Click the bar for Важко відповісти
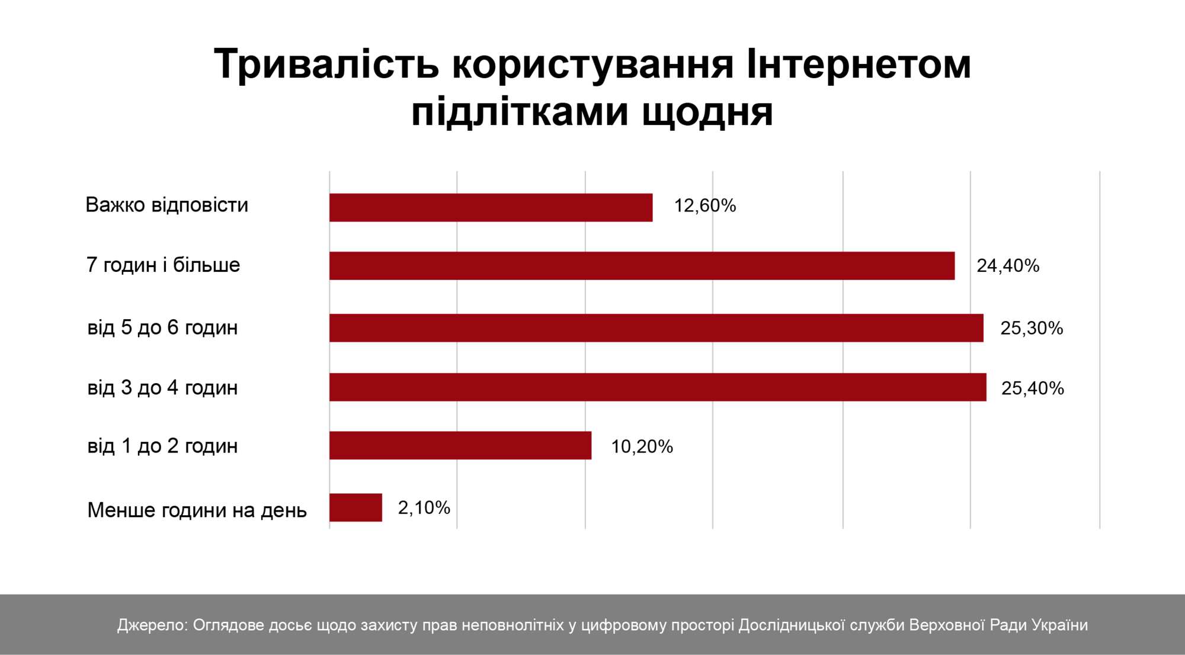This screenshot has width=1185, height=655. click(x=491, y=207)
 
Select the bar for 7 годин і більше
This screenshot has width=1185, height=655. click(x=642, y=265)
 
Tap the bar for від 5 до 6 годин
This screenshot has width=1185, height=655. click(x=656, y=327)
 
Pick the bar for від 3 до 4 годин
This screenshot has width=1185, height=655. click(x=658, y=387)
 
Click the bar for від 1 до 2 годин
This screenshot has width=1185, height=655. click(x=460, y=445)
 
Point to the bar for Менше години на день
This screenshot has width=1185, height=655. click(x=355, y=508)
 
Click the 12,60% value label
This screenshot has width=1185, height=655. click(x=704, y=206)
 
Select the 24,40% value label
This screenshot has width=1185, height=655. click(x=1008, y=266)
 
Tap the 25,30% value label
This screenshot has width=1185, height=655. click(x=1032, y=328)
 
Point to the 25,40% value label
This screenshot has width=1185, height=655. click(x=1032, y=388)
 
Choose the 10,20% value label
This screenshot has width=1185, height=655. click(x=642, y=447)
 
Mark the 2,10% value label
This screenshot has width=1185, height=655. click(x=424, y=508)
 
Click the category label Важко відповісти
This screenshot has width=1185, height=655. click(x=166, y=205)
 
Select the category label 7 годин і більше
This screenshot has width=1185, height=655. click(x=163, y=265)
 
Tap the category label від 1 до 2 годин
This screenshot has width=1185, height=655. click(x=162, y=445)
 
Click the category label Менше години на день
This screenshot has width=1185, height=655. click(x=197, y=510)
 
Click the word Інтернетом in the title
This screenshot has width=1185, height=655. click(x=859, y=64)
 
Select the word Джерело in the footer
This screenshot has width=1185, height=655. click(x=152, y=625)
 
